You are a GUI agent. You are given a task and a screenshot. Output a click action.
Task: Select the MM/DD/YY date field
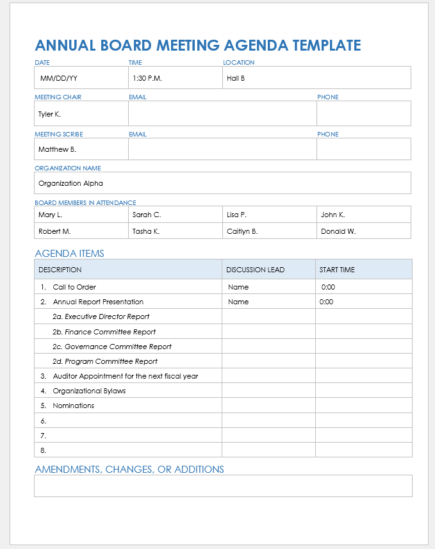pos(59,79)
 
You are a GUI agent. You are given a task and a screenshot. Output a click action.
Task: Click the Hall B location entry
pos(236,79)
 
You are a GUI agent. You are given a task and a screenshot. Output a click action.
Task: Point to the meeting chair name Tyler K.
pos(49,114)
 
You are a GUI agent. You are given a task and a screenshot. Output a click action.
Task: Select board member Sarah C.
pos(147,215)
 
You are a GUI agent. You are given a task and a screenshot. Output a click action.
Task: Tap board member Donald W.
pos(338,231)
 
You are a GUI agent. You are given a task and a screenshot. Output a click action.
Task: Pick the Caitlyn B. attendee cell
pos(242,231)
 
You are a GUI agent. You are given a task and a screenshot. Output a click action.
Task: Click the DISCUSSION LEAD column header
pos(255,270)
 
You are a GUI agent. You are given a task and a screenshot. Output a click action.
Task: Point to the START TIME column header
pos(337,270)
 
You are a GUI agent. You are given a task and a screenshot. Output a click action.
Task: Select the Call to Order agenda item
pos(74,287)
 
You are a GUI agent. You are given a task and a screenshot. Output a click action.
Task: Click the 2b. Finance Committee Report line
pos(104,332)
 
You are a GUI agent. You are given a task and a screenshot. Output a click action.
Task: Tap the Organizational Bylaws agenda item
pos(89,391)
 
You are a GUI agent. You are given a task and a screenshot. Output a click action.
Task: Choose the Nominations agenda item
pos(74,406)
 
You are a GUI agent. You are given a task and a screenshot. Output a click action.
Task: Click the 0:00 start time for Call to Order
pos(327,287)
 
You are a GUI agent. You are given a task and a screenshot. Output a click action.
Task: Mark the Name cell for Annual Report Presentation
pos(238,302)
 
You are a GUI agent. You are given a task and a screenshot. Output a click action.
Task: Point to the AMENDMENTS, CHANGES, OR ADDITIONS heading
pos(129,470)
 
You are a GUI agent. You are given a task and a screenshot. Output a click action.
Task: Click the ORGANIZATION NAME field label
pos(68,168)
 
